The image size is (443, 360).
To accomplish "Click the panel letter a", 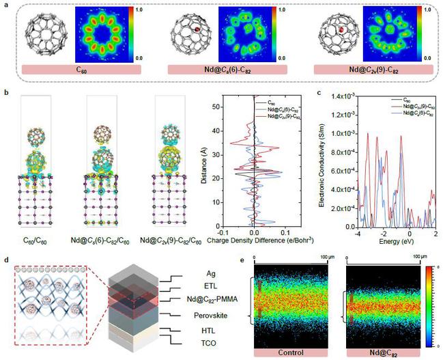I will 5,5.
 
